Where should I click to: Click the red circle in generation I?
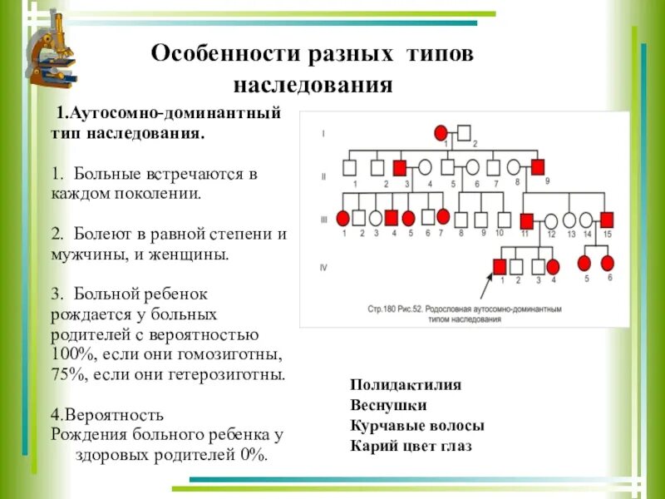point(441,132)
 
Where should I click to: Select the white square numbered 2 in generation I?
point(465,132)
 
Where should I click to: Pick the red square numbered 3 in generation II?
point(400,167)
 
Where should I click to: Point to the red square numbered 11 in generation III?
point(526,220)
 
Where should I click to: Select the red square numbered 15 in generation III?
point(607,220)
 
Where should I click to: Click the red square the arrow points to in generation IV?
point(500,266)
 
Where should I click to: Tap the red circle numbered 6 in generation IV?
point(608,264)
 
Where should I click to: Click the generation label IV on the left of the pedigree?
point(324,267)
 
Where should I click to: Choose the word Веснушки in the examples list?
point(388,406)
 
